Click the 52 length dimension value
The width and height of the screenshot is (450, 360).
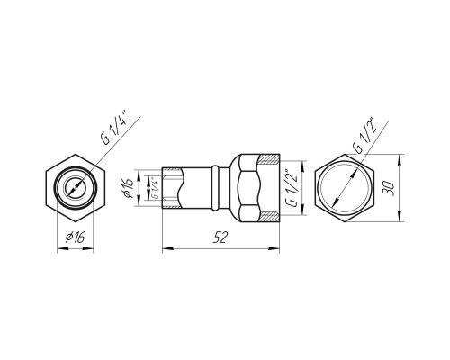[x=220, y=238]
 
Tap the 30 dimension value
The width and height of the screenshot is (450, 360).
[x=390, y=188]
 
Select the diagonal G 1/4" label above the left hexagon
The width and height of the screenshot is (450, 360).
[x=113, y=128]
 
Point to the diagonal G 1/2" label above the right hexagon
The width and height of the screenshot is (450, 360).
[x=364, y=135]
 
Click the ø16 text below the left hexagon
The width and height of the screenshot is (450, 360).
[x=75, y=238]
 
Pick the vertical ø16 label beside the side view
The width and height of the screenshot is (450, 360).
[x=128, y=188]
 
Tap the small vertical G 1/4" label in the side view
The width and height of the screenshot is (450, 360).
[x=155, y=188]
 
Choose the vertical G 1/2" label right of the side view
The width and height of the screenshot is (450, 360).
[x=292, y=189]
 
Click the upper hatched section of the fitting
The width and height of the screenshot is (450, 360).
[x=269, y=159]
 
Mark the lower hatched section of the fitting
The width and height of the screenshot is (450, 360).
[x=269, y=217]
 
